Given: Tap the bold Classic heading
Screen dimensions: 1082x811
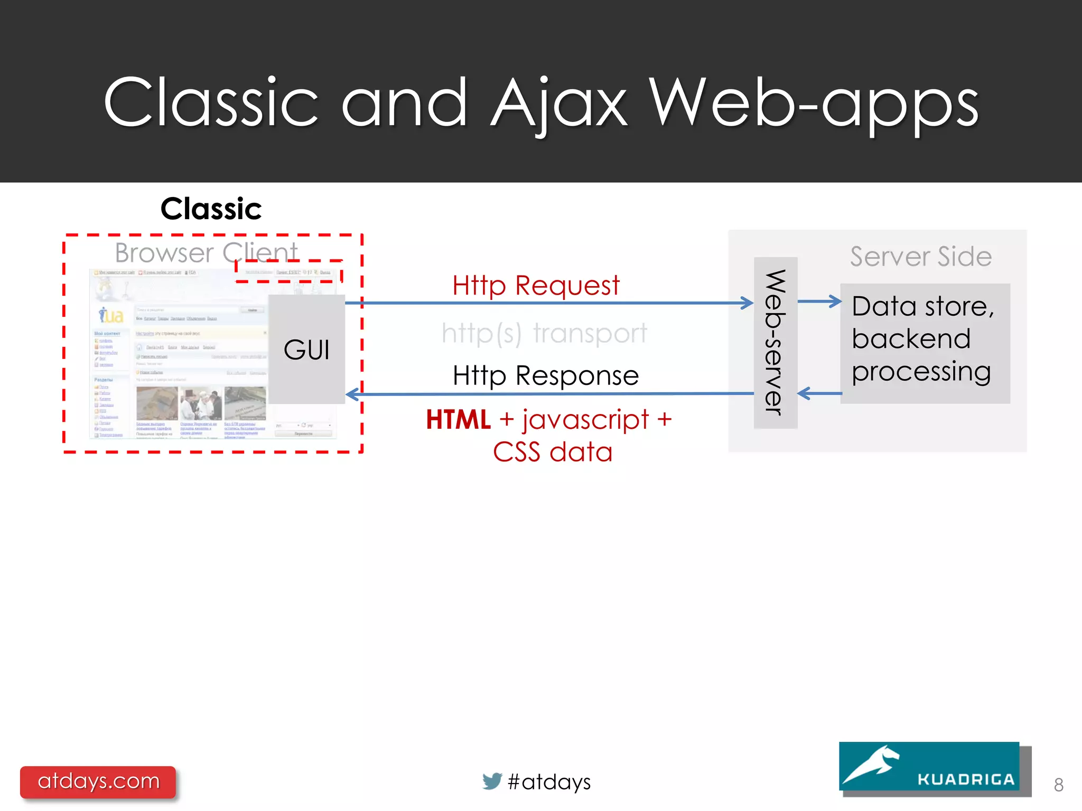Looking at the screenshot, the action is click(x=211, y=209).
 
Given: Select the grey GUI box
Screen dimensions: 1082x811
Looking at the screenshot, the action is click(x=306, y=350).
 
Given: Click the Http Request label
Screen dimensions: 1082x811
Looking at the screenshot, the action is click(x=536, y=286).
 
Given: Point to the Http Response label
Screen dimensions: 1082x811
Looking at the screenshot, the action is click(x=546, y=376).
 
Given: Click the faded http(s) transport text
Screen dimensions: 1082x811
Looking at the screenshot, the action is click(x=544, y=333).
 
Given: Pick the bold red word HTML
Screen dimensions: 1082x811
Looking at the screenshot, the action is click(x=458, y=420).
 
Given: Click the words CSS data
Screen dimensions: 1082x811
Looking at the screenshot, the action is click(x=552, y=452).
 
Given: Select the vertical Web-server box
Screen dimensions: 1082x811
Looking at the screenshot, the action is click(x=775, y=342).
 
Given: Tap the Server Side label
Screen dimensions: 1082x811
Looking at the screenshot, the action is click(x=920, y=257).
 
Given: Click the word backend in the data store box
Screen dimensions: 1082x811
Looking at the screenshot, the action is click(x=911, y=339).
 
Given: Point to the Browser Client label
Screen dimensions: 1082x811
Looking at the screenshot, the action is click(x=206, y=252).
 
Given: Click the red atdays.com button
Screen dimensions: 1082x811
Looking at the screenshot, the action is click(x=98, y=781).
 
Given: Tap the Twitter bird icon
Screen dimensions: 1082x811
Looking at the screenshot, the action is click(x=492, y=781).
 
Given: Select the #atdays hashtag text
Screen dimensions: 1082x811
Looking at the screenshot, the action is click(x=549, y=782).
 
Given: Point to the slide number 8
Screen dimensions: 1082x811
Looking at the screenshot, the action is click(x=1058, y=785).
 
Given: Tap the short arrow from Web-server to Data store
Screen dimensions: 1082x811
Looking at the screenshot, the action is click(x=819, y=301).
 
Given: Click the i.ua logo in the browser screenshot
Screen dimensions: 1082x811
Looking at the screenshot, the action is click(x=111, y=315).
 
